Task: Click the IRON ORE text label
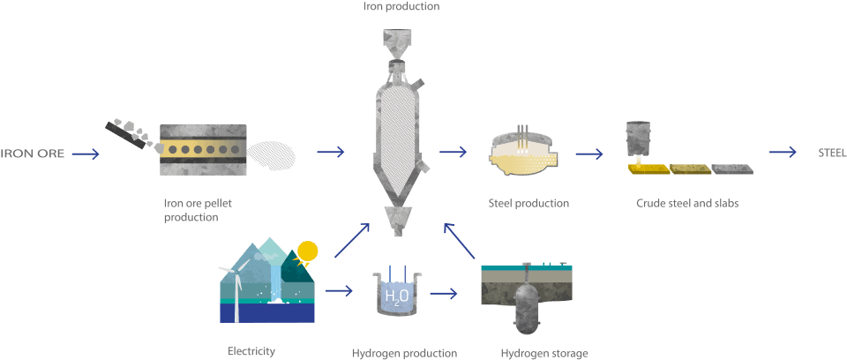[x=33, y=154]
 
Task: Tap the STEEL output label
[x=832, y=153]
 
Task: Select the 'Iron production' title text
[x=401, y=6]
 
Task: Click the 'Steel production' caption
[x=528, y=204]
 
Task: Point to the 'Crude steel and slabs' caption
[x=687, y=204]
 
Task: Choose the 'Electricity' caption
[x=251, y=351]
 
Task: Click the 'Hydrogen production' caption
[x=404, y=353]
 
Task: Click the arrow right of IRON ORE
[x=86, y=154]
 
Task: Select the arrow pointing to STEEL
[x=783, y=153]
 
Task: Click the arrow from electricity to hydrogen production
[x=339, y=289]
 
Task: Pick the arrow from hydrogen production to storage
[x=444, y=292]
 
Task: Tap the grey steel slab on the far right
[x=732, y=168]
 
